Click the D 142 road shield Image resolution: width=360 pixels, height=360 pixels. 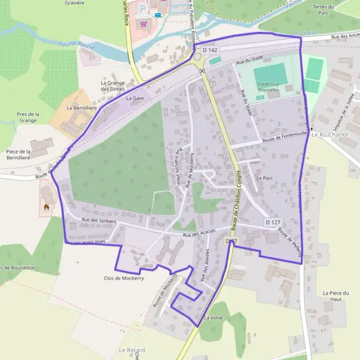tap(210, 50)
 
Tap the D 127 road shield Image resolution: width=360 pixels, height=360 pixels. tap(273, 222)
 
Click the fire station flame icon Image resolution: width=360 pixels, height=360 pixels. tap(46, 208)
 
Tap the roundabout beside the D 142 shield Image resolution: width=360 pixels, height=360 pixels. tap(198, 58)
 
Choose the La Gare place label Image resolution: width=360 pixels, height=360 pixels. tap(136, 97)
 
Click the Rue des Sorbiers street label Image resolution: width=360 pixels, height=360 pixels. tap(98, 221)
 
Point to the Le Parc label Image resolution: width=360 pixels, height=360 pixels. tap(264, 178)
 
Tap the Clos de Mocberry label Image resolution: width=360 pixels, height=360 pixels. tap(124, 278)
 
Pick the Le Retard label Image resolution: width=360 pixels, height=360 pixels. tap(131, 350)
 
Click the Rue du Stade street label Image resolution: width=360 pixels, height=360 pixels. tap(250, 61)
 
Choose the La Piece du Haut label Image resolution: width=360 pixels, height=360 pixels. tap(335, 296)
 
